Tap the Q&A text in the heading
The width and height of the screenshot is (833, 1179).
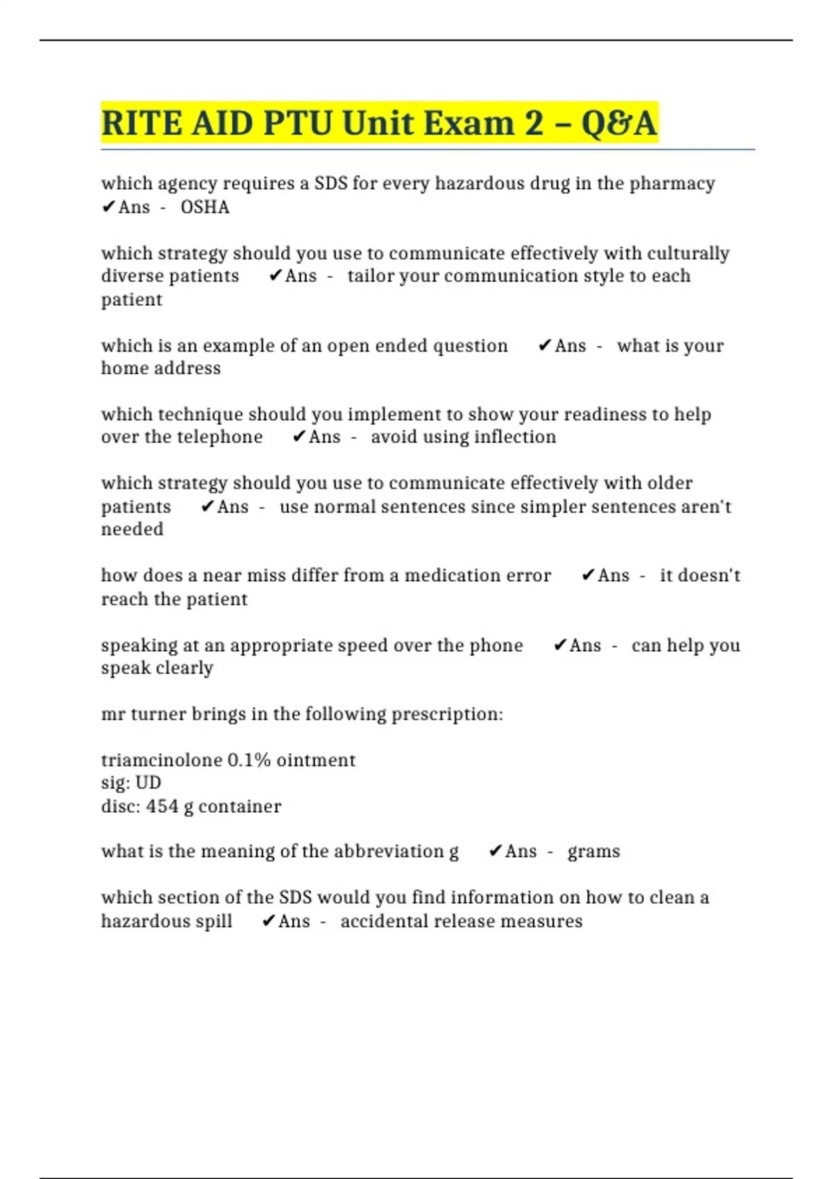(619, 123)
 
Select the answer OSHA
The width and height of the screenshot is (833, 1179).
(205, 207)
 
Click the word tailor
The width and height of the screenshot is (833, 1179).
(371, 276)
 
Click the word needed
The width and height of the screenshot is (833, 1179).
(133, 529)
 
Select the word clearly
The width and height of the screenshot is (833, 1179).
(185, 668)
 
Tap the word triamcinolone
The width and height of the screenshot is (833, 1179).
(162, 760)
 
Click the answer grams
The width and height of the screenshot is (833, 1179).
(594, 852)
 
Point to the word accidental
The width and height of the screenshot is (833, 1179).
(382, 922)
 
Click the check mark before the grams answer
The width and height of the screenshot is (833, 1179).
(495, 851)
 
